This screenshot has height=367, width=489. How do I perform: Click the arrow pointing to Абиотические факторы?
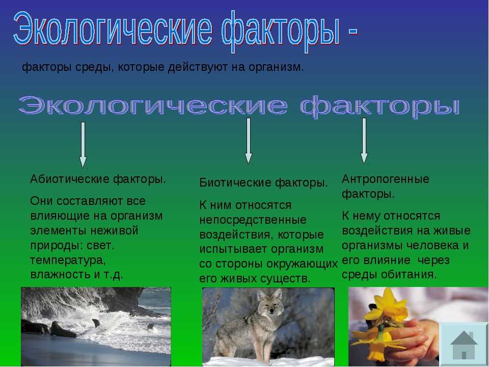tap(83, 145)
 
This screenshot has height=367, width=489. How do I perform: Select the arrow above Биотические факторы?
tap(248, 141)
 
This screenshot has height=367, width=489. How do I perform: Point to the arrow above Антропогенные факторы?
tap(364, 141)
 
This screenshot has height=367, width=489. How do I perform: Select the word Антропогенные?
tap(386, 179)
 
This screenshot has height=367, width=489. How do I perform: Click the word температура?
tap(68, 260)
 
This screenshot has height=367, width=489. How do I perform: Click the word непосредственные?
tap(253, 220)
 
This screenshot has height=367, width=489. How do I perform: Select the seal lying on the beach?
tap(62, 330)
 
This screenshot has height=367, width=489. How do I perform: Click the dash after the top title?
tap(352, 31)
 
